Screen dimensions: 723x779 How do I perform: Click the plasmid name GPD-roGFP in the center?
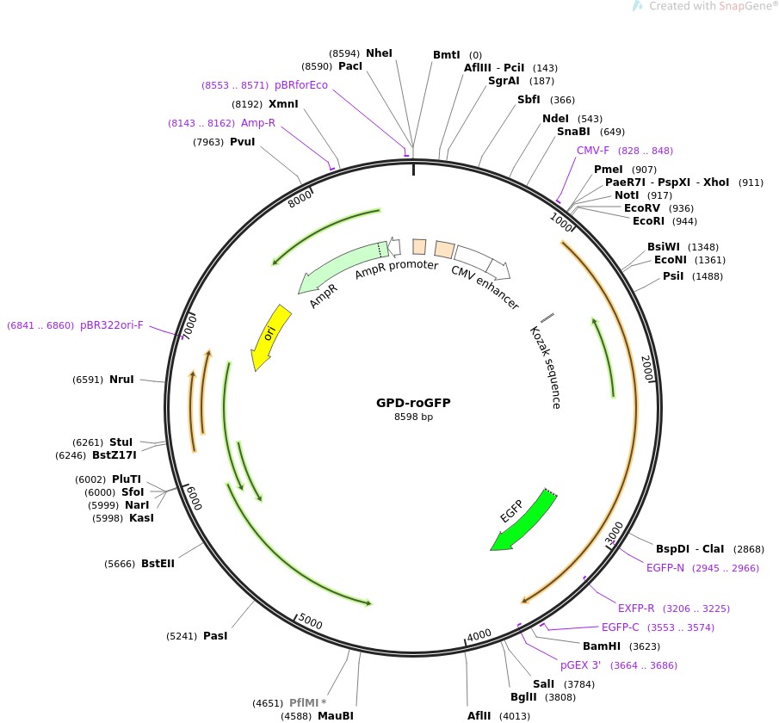pyautogui.click(x=413, y=403)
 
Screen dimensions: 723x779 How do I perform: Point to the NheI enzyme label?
pyautogui.click(x=379, y=53)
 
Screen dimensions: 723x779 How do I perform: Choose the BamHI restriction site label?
pyautogui.click(x=601, y=646)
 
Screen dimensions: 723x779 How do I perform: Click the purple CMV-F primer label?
pyautogui.click(x=593, y=151)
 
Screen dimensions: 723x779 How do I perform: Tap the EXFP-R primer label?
pyautogui.click(x=636, y=608)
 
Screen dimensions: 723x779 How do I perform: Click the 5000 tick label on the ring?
pyautogui.click(x=310, y=623)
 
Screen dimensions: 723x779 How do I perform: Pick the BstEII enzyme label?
pyautogui.click(x=158, y=564)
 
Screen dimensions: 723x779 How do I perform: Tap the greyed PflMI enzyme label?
pyautogui.click(x=308, y=703)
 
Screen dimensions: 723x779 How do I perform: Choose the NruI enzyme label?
pyautogui.click(x=121, y=380)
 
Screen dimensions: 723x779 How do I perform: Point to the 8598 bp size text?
pyautogui.click(x=413, y=417)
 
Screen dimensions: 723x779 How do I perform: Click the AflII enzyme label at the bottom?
pyautogui.click(x=479, y=715)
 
